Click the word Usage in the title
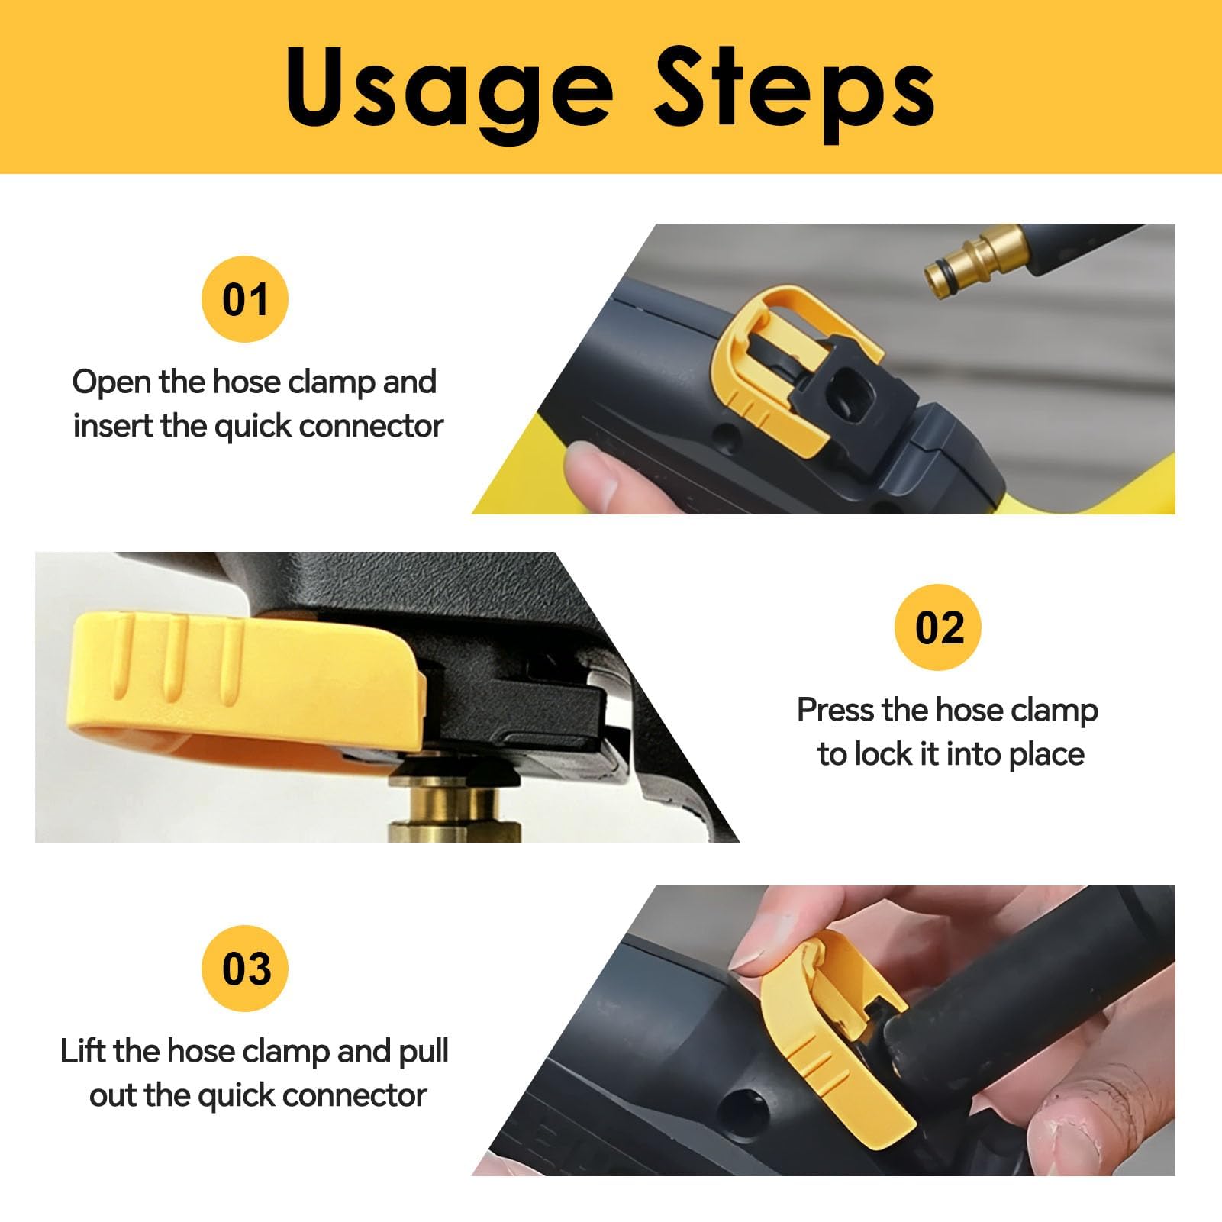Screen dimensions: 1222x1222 (x=449, y=91)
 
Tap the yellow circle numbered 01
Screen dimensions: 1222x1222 (x=245, y=299)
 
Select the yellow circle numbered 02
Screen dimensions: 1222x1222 (x=938, y=627)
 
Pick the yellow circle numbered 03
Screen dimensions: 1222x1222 (x=245, y=969)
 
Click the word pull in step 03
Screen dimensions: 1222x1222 (x=424, y=1053)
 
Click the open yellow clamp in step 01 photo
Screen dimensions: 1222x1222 (x=779, y=374)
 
